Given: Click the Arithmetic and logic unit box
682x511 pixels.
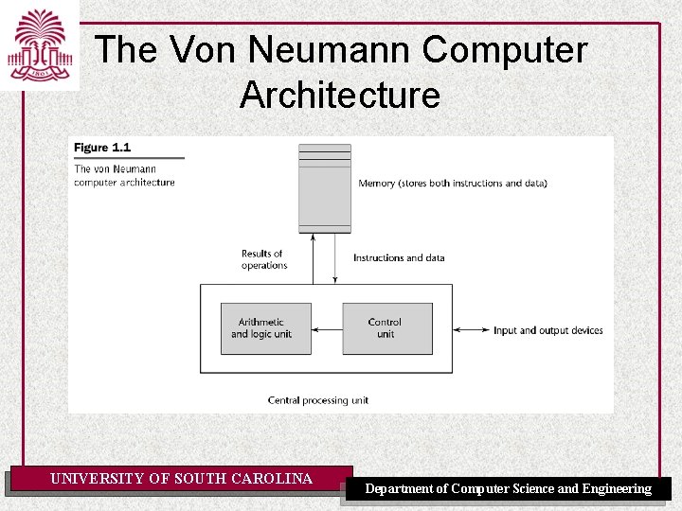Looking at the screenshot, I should [265, 328].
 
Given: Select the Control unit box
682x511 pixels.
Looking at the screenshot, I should [386, 328].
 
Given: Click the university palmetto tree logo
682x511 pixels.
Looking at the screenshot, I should [39, 44].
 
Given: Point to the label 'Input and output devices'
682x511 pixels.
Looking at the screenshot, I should [547, 330].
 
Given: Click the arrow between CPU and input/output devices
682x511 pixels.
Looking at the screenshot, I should [471, 330].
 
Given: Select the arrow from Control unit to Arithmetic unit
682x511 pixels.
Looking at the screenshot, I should [327, 329].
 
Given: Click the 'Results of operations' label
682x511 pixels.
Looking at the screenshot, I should [262, 259].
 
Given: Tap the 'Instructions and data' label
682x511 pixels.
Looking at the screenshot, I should [398, 257].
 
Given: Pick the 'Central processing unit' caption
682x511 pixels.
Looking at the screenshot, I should [318, 400].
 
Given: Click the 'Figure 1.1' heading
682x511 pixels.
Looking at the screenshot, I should [102, 148].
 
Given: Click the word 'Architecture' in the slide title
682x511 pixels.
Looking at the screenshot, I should [340, 96].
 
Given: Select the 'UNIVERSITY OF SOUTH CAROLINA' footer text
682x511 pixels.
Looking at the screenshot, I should [181, 479].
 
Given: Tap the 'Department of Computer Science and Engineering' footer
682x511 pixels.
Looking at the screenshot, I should [508, 488].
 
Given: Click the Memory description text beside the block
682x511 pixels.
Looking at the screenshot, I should [453, 183].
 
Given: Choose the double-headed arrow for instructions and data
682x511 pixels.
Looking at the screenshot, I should [335, 257].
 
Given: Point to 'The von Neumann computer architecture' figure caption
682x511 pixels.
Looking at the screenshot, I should [124, 176].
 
